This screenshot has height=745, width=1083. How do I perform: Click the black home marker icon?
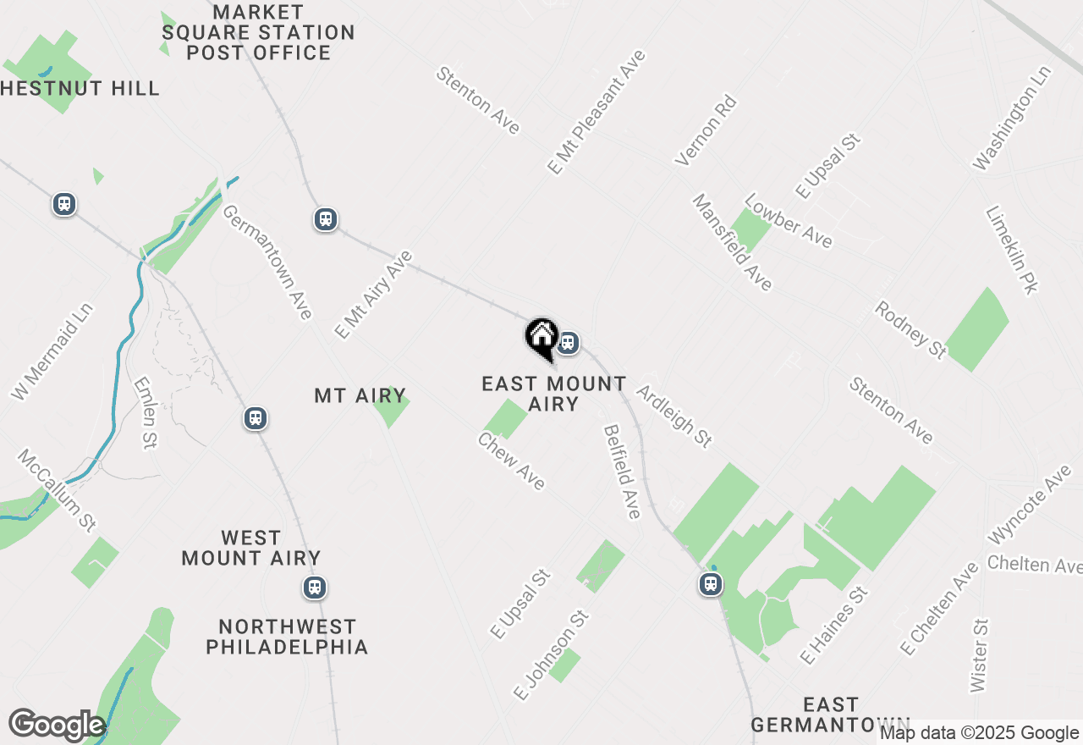point(541,337)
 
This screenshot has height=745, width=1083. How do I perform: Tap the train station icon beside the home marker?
point(568,343)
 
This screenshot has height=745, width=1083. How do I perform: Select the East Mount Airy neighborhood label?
point(554,394)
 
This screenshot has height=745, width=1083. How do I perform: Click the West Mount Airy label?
point(251,548)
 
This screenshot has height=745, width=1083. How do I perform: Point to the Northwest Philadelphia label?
point(288,637)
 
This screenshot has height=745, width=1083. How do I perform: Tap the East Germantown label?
point(830,715)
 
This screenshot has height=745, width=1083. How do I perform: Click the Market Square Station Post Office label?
point(258,33)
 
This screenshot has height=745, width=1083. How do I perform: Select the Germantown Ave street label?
point(267,262)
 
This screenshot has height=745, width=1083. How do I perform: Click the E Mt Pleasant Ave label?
point(596,112)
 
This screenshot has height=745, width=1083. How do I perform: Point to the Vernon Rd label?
point(706,130)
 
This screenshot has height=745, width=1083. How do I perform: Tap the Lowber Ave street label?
point(788,221)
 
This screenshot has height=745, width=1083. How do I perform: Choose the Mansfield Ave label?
point(733,242)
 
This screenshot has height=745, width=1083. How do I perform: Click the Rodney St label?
point(910,329)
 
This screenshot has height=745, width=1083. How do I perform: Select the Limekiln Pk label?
point(1011,251)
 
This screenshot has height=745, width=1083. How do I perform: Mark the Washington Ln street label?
point(1012,118)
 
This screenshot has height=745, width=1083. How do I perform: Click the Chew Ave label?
point(511,461)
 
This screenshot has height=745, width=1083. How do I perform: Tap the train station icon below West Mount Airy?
point(315,587)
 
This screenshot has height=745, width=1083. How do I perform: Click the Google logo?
point(57,725)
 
